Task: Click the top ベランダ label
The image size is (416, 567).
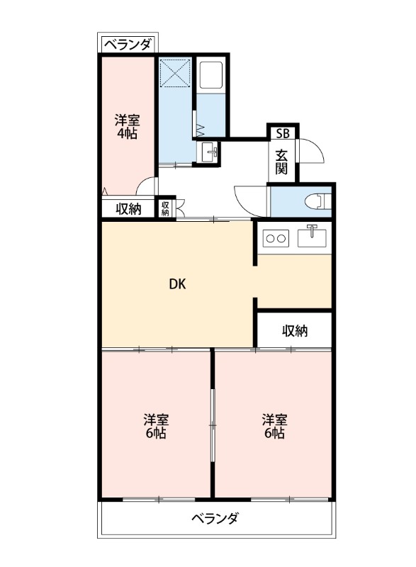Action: point(128,45)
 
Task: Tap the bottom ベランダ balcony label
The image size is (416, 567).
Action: point(215,519)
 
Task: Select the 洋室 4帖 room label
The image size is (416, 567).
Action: point(127,126)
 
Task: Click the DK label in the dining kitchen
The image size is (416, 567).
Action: point(177,285)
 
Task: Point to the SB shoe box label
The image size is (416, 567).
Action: point(282,133)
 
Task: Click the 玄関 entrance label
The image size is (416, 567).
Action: point(281,162)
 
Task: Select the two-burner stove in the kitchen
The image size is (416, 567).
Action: point(275,238)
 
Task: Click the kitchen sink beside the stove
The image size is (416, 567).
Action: point(313,236)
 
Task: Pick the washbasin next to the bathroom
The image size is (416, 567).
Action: point(210,152)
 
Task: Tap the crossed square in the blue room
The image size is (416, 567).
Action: point(174,74)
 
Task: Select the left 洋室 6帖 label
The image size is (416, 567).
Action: point(156,425)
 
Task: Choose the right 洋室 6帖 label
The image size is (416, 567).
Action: point(274,425)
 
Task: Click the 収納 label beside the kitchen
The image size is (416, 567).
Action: point(294,330)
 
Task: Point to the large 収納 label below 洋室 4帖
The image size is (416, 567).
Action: point(128,208)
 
